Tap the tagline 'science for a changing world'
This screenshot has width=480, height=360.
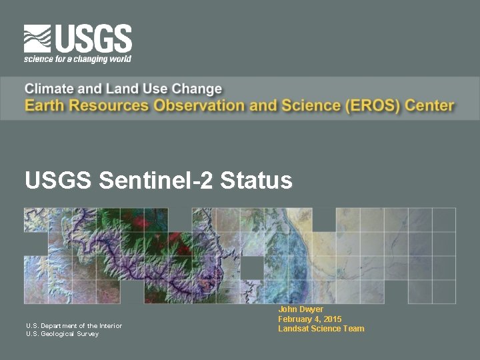pos(77,59)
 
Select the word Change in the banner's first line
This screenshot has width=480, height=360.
pos(197,89)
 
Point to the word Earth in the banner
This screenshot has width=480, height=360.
pos(44,105)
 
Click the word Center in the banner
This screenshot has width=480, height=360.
pos(429,105)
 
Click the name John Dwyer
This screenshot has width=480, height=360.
pos(301,309)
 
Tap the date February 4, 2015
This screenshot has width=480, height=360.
pos(310,319)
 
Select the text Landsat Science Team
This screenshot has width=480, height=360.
pos(321,329)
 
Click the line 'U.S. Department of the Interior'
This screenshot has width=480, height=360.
pos(74,325)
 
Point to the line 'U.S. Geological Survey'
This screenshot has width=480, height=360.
pos(62,334)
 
